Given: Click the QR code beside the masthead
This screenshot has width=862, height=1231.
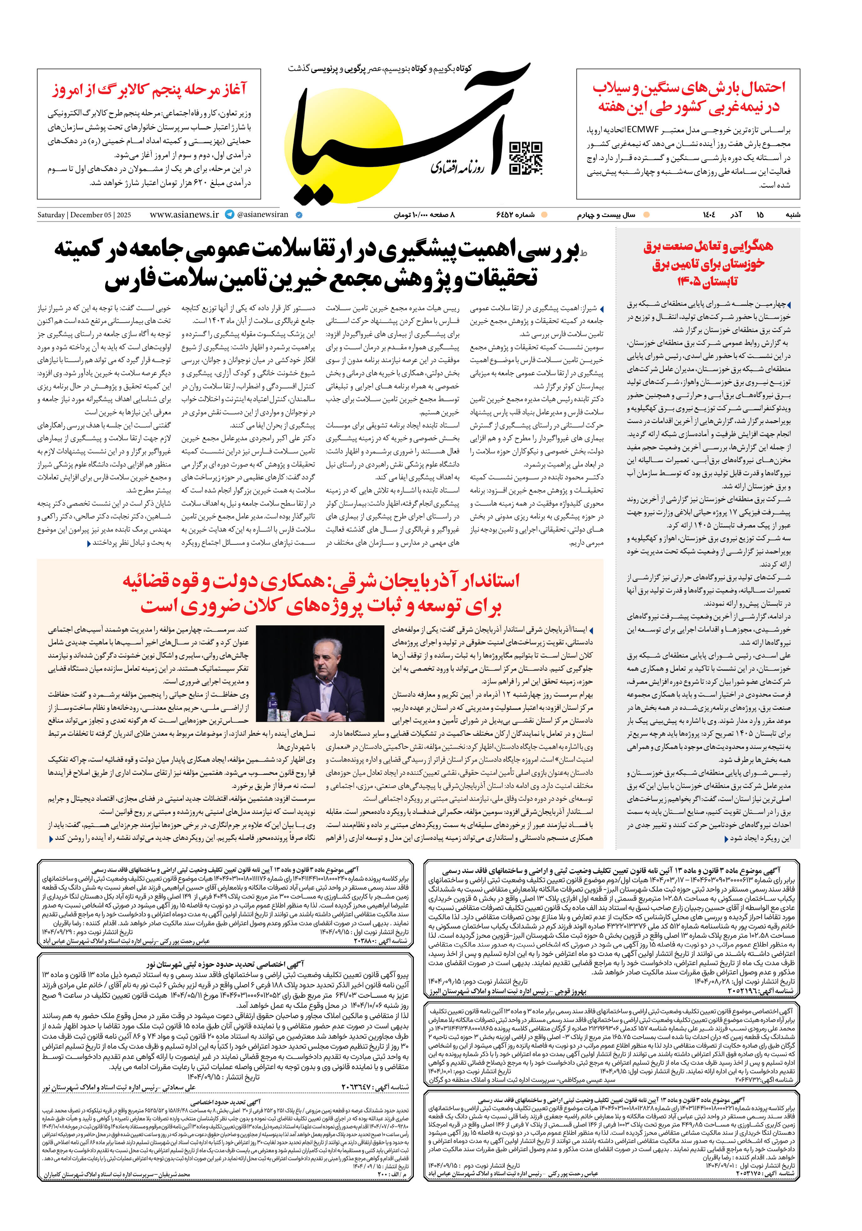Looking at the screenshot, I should (x=525, y=159).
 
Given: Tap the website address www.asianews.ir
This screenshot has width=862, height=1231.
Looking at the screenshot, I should (x=184, y=214).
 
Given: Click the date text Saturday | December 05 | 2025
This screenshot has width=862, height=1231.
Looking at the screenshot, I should (x=84, y=215).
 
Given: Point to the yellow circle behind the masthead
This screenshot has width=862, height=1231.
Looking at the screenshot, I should (x=343, y=155).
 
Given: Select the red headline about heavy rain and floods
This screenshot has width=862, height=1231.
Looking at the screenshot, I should (x=688, y=97).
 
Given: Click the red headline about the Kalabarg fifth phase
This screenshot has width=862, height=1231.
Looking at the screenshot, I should (x=149, y=89).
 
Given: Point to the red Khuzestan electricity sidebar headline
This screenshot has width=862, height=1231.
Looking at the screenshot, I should (x=708, y=263).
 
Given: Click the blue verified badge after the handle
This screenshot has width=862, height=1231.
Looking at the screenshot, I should (x=299, y=215).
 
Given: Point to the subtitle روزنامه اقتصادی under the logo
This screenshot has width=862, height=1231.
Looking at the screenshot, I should (x=458, y=167).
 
